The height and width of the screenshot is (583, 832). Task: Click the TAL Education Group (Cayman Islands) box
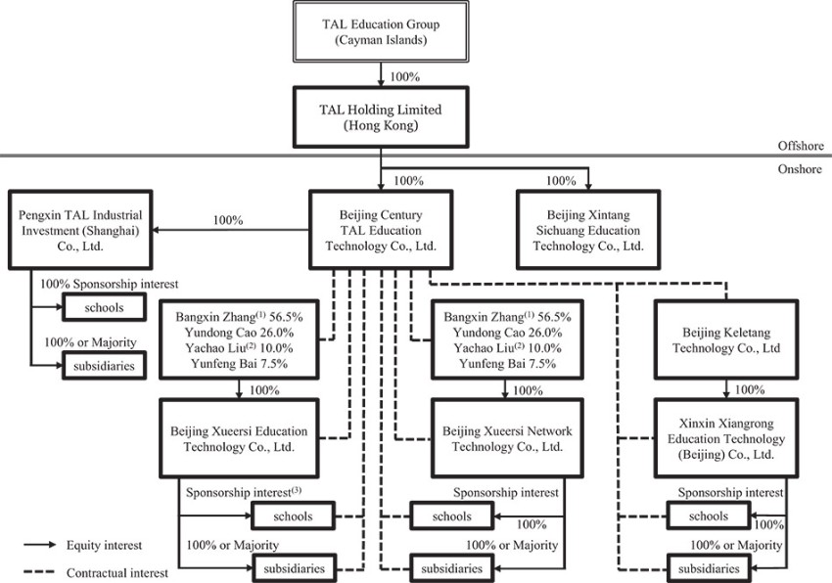tap(380, 31)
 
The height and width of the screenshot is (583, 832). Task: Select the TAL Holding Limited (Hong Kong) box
tap(380, 117)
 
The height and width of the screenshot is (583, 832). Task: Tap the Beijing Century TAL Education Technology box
tap(379, 231)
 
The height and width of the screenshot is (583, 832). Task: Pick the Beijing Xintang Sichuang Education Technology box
tap(589, 231)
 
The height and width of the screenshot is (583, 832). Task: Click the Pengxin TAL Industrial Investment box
tap(81, 231)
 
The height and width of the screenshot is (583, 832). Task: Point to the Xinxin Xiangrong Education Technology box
tap(725, 438)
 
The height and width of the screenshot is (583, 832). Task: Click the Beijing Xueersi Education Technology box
tap(238, 438)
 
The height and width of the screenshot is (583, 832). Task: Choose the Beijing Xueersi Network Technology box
tap(506, 438)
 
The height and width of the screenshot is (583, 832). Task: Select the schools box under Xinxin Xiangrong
tap(708, 516)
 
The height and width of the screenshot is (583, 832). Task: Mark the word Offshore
tap(800, 146)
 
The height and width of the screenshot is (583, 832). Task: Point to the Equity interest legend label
tap(109, 545)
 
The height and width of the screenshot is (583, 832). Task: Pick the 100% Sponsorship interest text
tap(109, 284)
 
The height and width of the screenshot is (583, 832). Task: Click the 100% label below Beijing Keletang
tap(749, 389)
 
